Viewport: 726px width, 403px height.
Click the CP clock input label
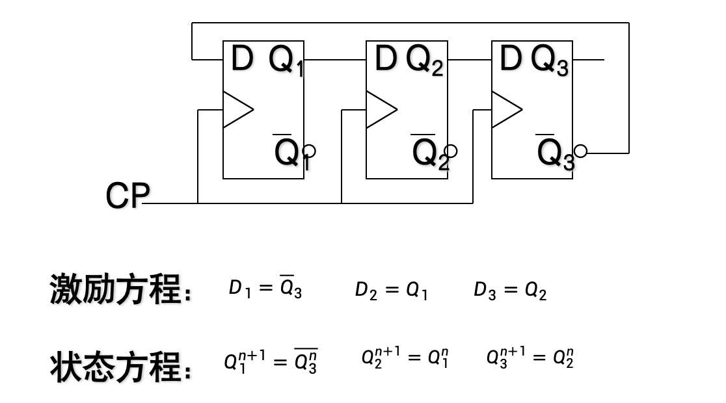point(128,196)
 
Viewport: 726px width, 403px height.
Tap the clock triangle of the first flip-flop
point(236,109)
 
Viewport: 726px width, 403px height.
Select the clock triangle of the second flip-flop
point(380,109)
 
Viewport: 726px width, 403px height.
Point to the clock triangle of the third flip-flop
point(505,109)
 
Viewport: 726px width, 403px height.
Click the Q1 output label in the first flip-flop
point(286,61)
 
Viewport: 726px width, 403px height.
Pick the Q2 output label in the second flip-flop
point(425,61)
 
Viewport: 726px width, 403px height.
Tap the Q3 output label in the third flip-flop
point(550,61)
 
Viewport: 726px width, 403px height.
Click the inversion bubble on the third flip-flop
point(580,151)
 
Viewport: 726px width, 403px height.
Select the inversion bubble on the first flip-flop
point(310,151)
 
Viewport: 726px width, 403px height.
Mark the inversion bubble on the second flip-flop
point(450,151)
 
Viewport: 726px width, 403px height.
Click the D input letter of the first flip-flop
point(241,59)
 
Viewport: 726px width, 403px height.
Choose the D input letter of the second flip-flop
point(385,59)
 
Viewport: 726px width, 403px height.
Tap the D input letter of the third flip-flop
point(511,59)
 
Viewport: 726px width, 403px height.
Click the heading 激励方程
point(120,289)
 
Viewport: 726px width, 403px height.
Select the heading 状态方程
point(120,368)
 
